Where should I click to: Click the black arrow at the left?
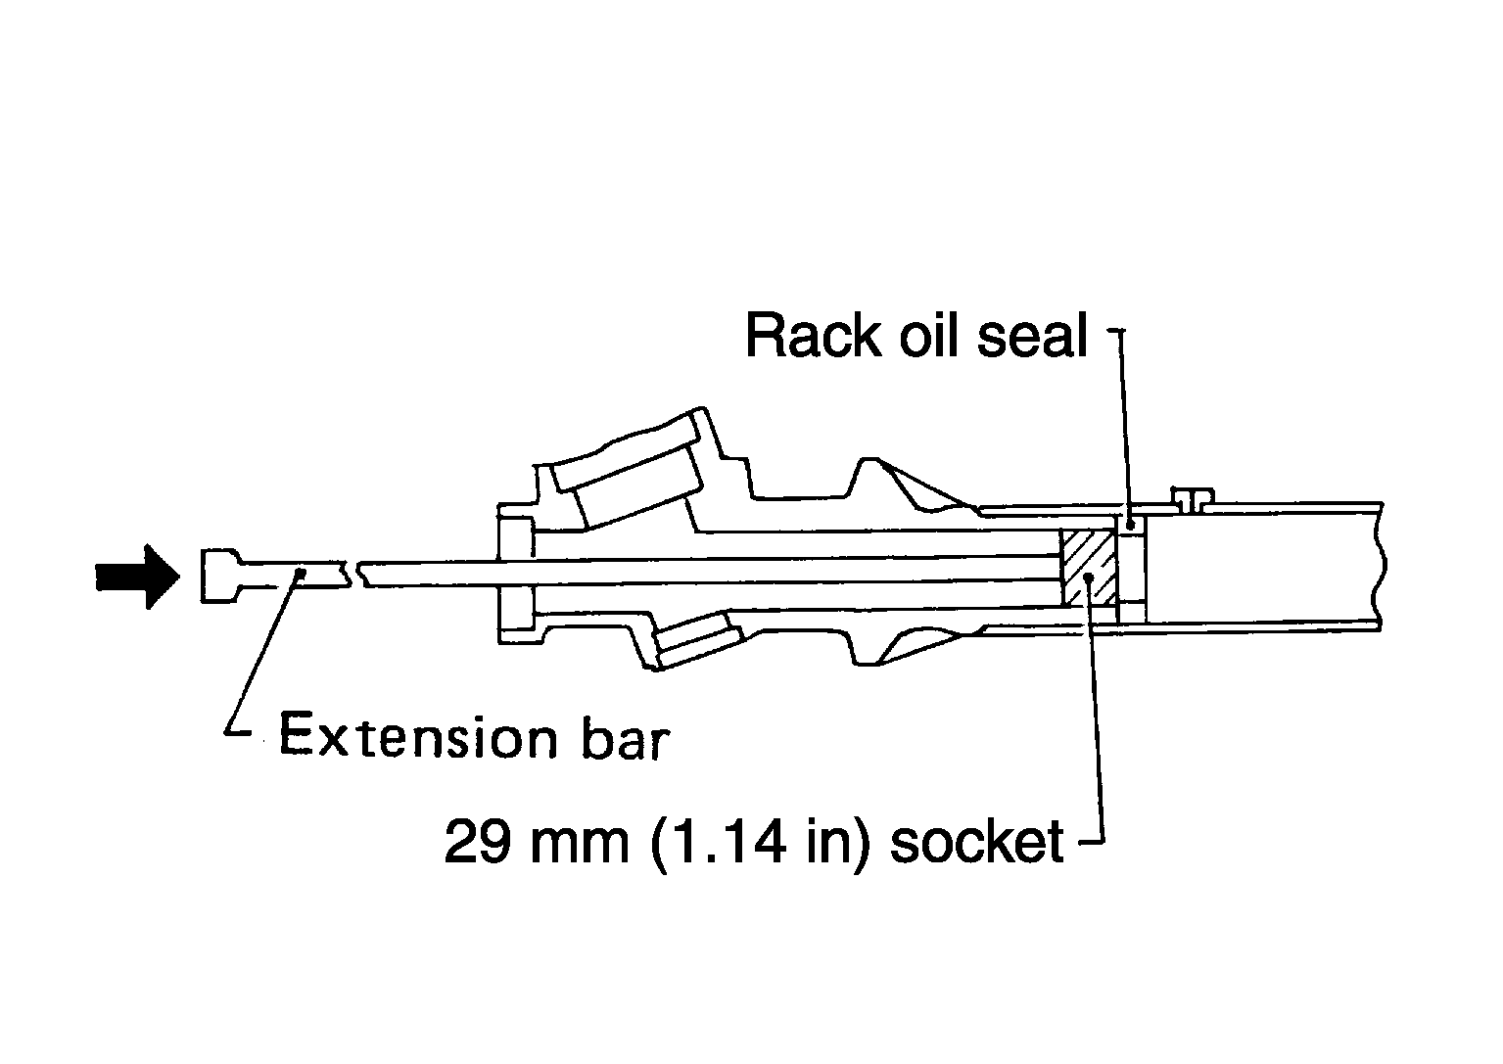(x=137, y=577)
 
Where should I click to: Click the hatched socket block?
(x=1089, y=568)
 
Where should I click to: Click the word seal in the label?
(x=1031, y=336)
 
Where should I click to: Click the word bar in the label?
(x=626, y=737)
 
